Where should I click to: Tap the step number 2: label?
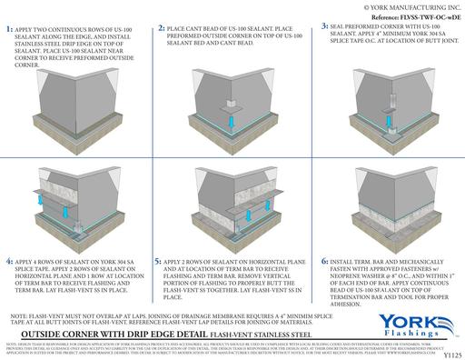coord(162,30)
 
